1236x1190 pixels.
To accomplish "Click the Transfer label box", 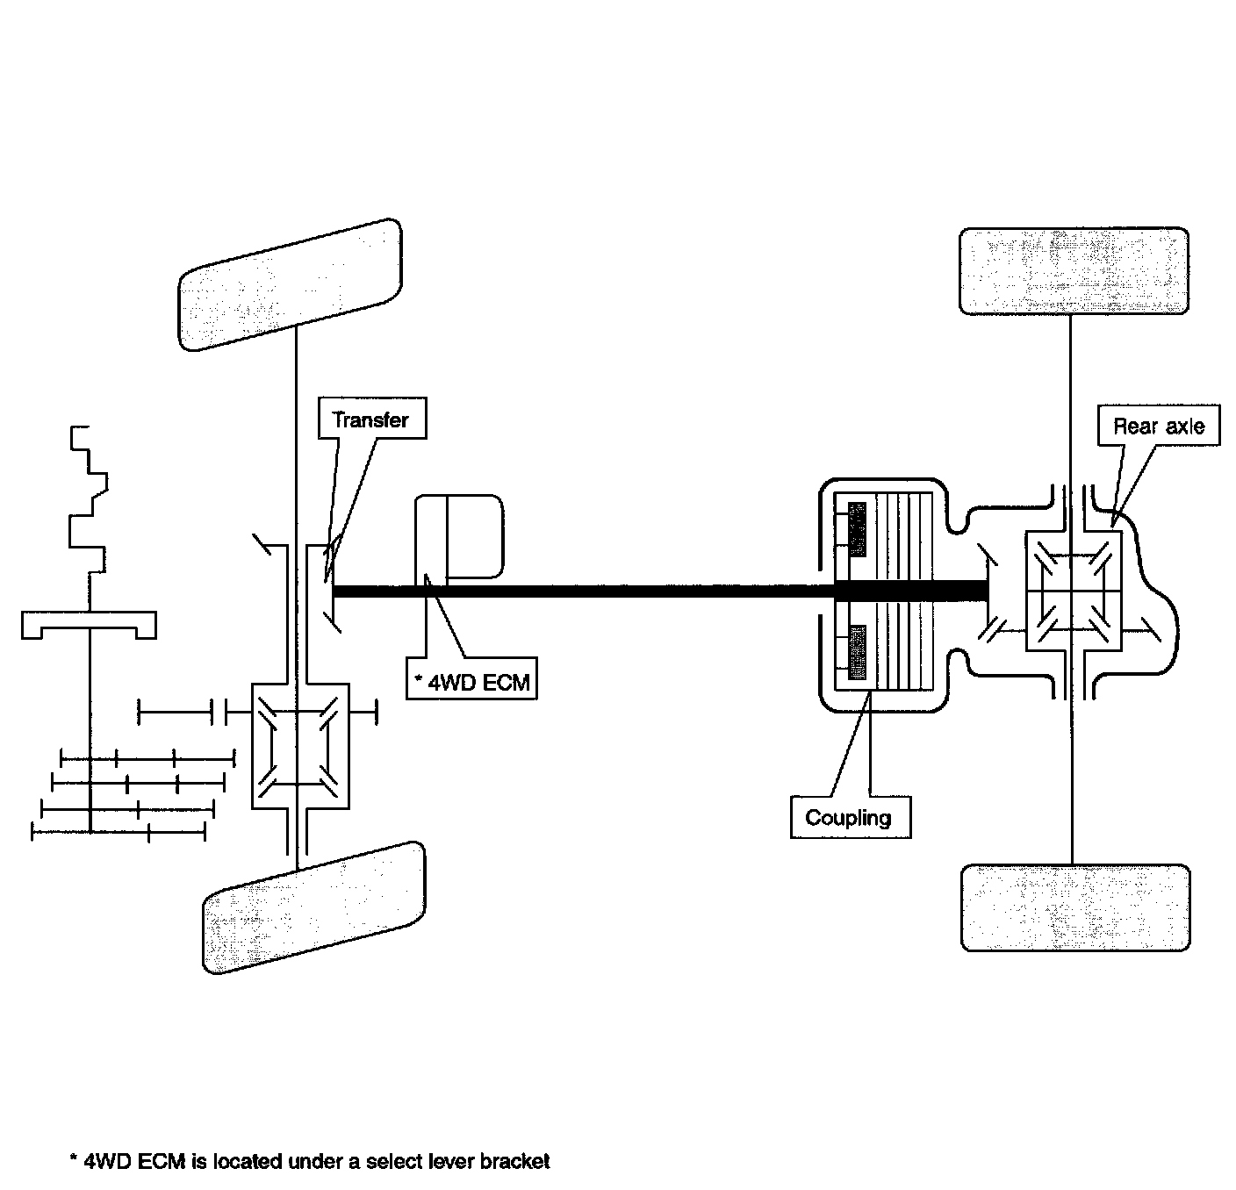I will click(371, 419).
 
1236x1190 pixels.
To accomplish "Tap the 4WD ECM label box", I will click(472, 682).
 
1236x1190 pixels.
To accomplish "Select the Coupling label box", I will click(849, 818).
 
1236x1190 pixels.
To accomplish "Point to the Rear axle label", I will click(1159, 427).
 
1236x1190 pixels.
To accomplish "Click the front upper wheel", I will click(291, 284).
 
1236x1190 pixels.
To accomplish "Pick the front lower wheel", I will click(314, 907).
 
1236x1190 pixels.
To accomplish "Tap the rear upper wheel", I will click(1074, 270).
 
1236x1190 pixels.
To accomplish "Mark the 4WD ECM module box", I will click(460, 537).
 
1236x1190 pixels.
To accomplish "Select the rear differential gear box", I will click(1074, 591).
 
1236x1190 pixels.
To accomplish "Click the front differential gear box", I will click(300, 745).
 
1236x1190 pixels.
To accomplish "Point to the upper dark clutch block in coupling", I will click(858, 528).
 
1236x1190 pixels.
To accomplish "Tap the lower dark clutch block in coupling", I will click(858, 655).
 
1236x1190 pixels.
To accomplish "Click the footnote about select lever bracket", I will click(309, 1162).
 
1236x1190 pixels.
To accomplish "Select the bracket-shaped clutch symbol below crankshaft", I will click(89, 625).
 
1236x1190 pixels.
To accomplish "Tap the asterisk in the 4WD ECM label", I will click(420, 678).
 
